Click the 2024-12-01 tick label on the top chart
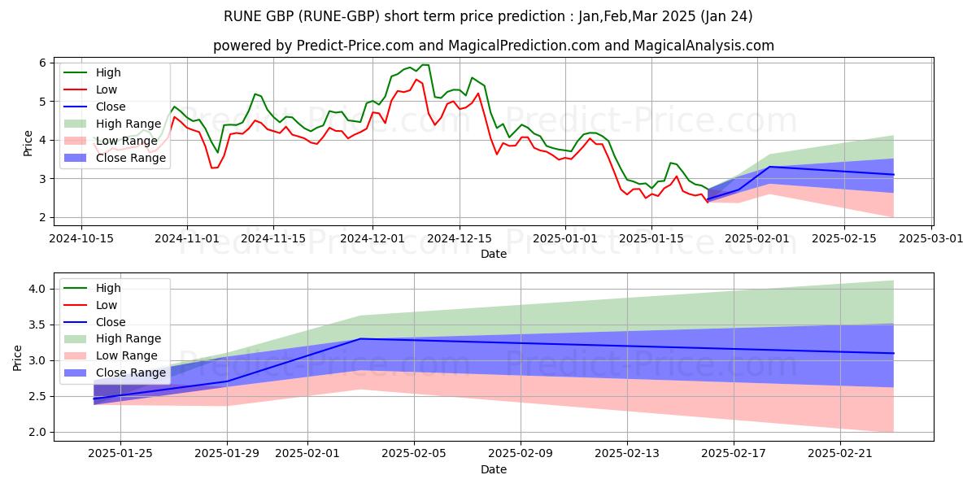(373, 238)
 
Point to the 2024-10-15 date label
(81, 238)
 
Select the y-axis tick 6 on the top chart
(41, 63)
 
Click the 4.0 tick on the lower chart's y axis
(36, 290)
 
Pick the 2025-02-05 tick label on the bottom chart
(414, 454)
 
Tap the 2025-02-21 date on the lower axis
(839, 454)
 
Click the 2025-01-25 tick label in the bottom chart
(120, 454)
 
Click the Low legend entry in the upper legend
(107, 89)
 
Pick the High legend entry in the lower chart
(108, 288)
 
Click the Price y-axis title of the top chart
(28, 144)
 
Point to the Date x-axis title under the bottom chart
(494, 469)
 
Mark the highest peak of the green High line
(425, 65)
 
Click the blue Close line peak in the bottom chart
(360, 338)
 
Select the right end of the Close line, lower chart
(893, 353)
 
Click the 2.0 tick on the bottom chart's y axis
(36, 433)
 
